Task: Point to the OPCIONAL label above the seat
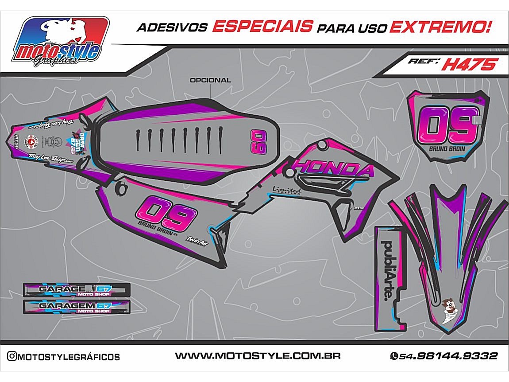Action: [x=210, y=81]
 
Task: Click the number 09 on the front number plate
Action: [x=447, y=125]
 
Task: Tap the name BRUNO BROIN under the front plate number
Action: [x=447, y=148]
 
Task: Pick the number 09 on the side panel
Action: [x=166, y=211]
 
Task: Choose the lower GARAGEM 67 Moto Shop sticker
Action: [x=76, y=307]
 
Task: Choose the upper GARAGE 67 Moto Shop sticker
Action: [x=76, y=290]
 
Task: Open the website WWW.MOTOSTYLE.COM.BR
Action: [x=258, y=356]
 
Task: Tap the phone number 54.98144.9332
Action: [x=448, y=356]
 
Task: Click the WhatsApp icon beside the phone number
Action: [x=393, y=356]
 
